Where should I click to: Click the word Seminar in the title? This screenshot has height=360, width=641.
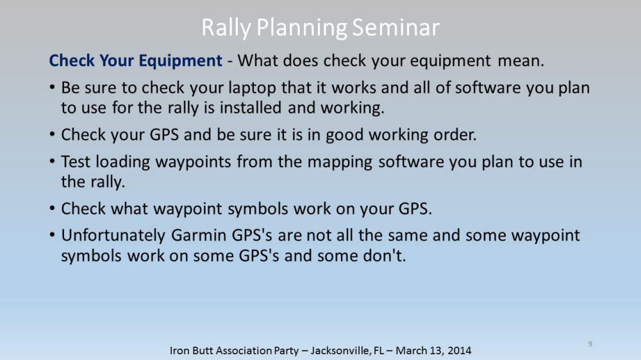click(x=395, y=28)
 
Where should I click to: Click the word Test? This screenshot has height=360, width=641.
click(x=76, y=162)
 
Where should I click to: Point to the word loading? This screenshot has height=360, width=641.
click(x=123, y=163)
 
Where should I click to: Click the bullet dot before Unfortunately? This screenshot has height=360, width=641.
click(x=53, y=235)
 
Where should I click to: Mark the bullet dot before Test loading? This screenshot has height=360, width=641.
click(x=53, y=162)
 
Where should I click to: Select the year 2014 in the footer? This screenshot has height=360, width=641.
click(x=459, y=350)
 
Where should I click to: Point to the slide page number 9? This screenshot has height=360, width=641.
click(x=590, y=343)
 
